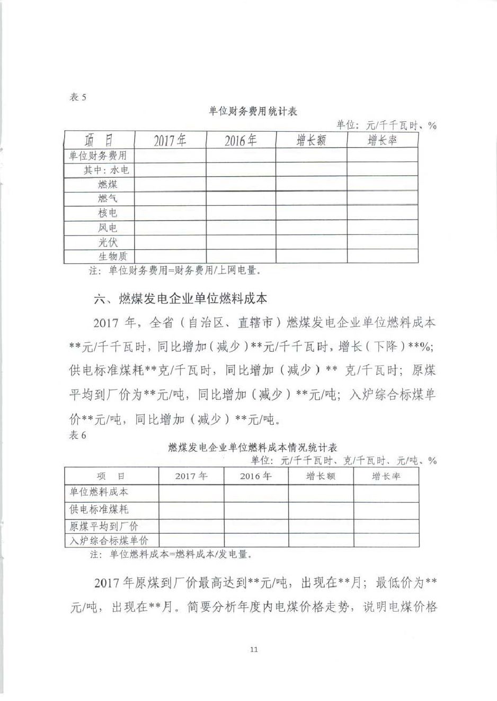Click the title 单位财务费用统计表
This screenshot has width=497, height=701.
[253, 111]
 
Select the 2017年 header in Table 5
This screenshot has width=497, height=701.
[170, 140]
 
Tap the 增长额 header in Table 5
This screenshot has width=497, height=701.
[311, 140]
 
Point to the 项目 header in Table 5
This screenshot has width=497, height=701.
[99, 140]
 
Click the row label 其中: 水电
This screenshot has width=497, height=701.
[106, 170]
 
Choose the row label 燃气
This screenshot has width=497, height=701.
[108, 198]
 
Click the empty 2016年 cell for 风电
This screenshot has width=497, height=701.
[241, 228]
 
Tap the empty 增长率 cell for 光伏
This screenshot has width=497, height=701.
[383, 242]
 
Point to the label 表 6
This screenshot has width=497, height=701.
[77, 435]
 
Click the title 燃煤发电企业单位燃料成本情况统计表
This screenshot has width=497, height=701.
[252, 448]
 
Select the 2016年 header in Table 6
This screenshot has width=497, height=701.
[256, 476]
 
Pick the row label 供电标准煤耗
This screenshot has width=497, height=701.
[99, 510]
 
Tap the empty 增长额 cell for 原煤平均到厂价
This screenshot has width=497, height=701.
[321, 526]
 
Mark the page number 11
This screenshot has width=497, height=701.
[253, 649]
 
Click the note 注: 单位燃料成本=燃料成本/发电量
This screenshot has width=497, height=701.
[170, 555]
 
